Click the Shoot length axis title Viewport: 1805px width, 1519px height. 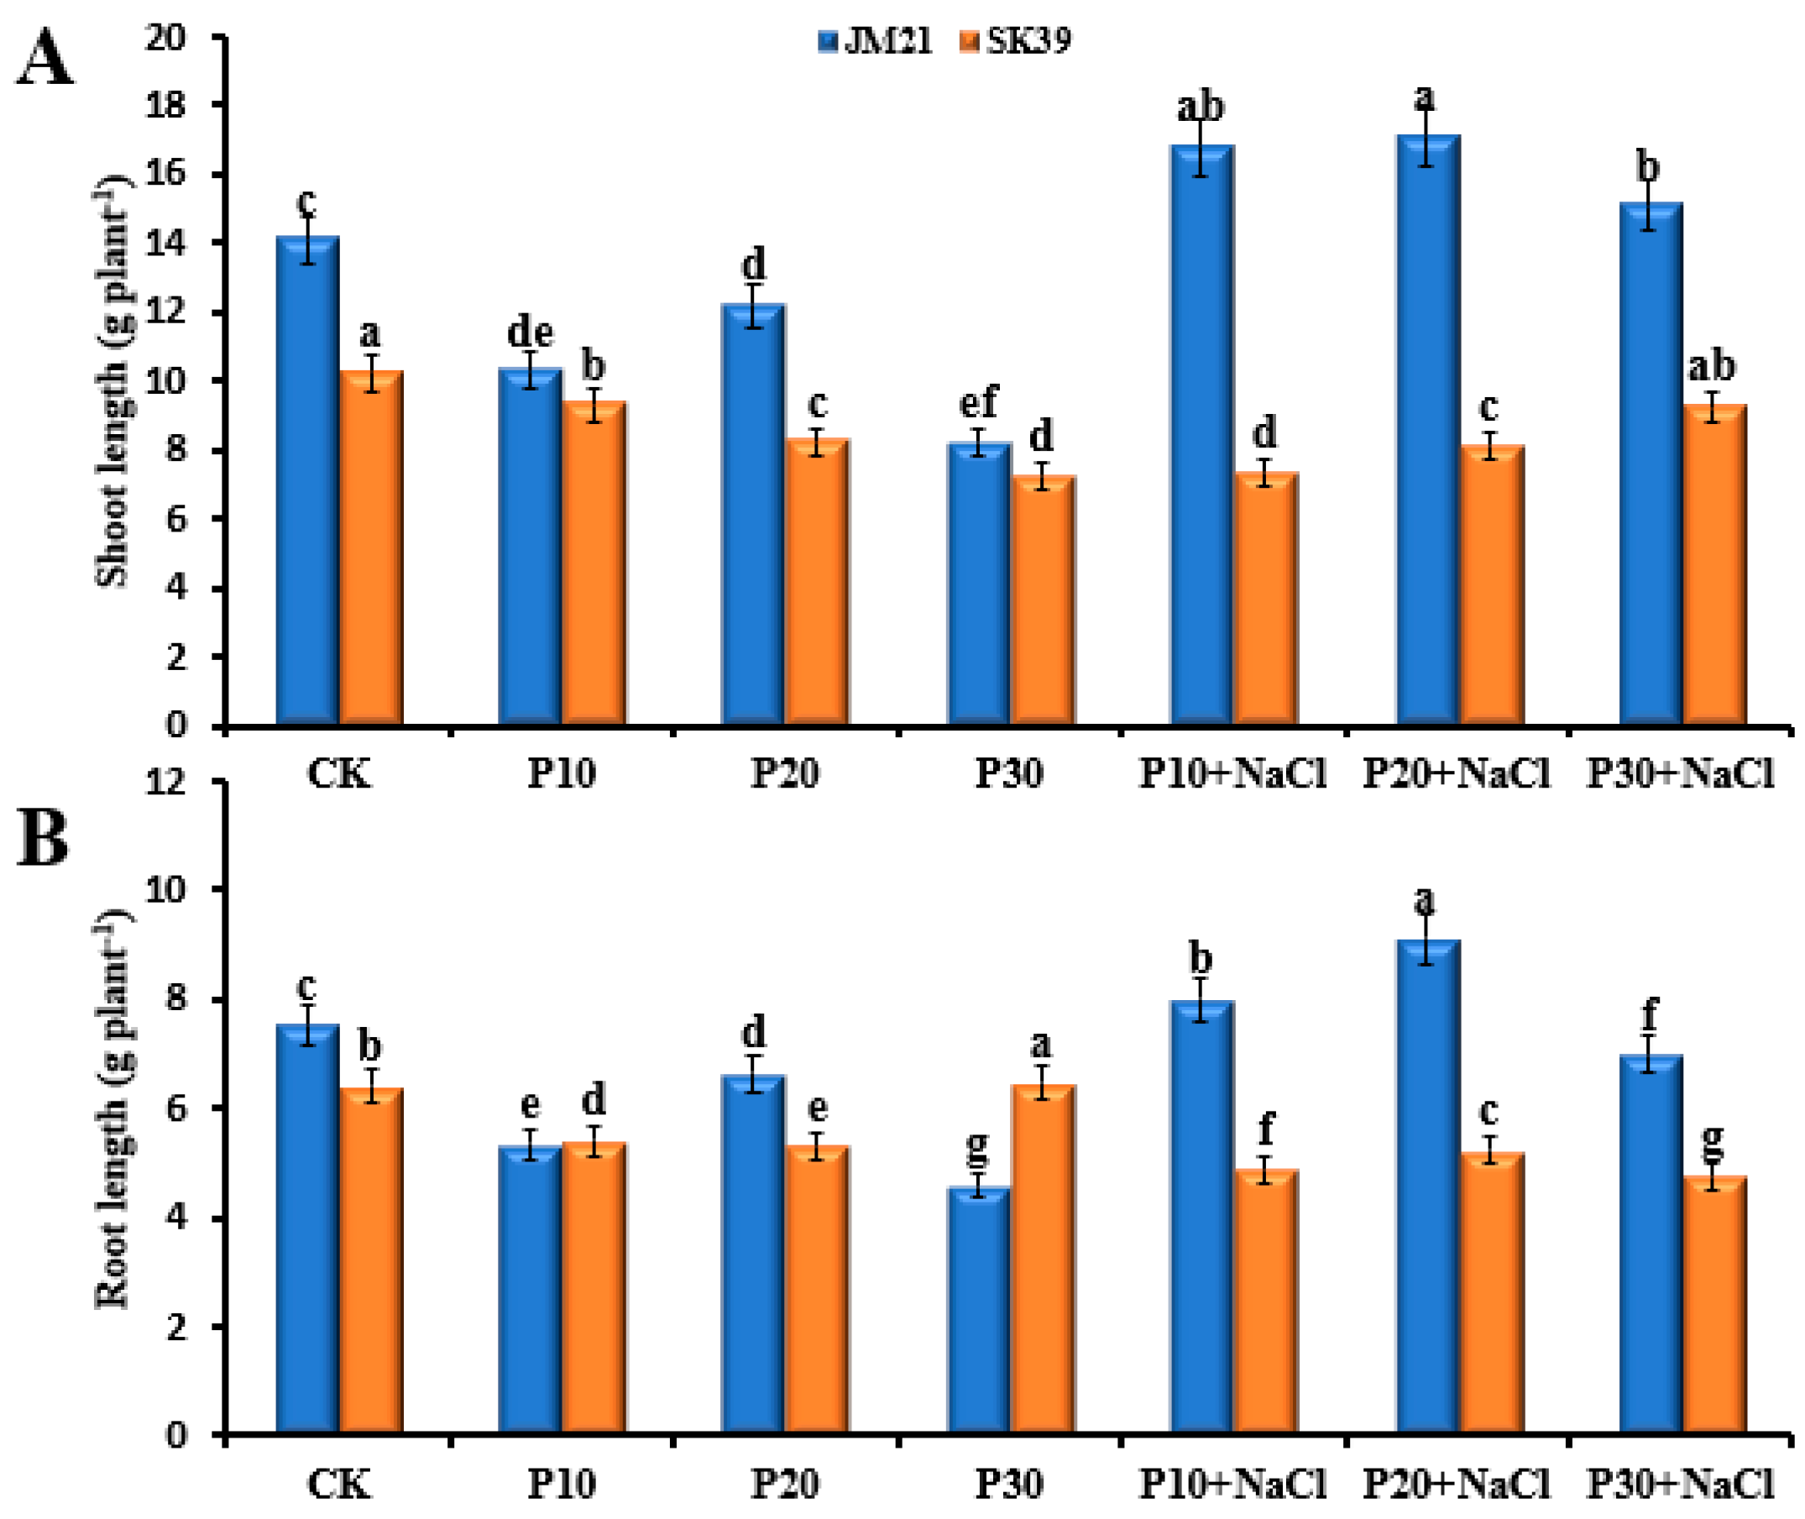click(x=112, y=379)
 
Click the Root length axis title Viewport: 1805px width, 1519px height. click(x=112, y=1111)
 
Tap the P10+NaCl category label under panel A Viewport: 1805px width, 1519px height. click(x=1232, y=773)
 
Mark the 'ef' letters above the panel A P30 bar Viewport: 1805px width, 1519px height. click(x=978, y=401)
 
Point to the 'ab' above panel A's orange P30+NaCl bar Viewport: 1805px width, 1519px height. click(x=1711, y=366)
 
